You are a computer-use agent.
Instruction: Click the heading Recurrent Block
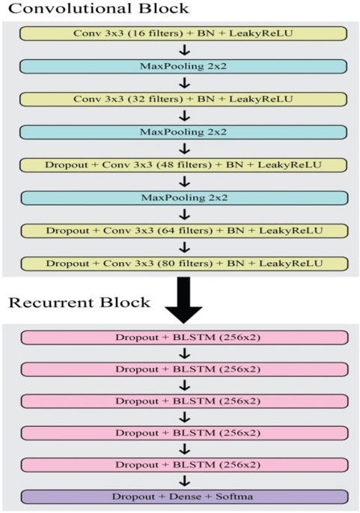point(78,303)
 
